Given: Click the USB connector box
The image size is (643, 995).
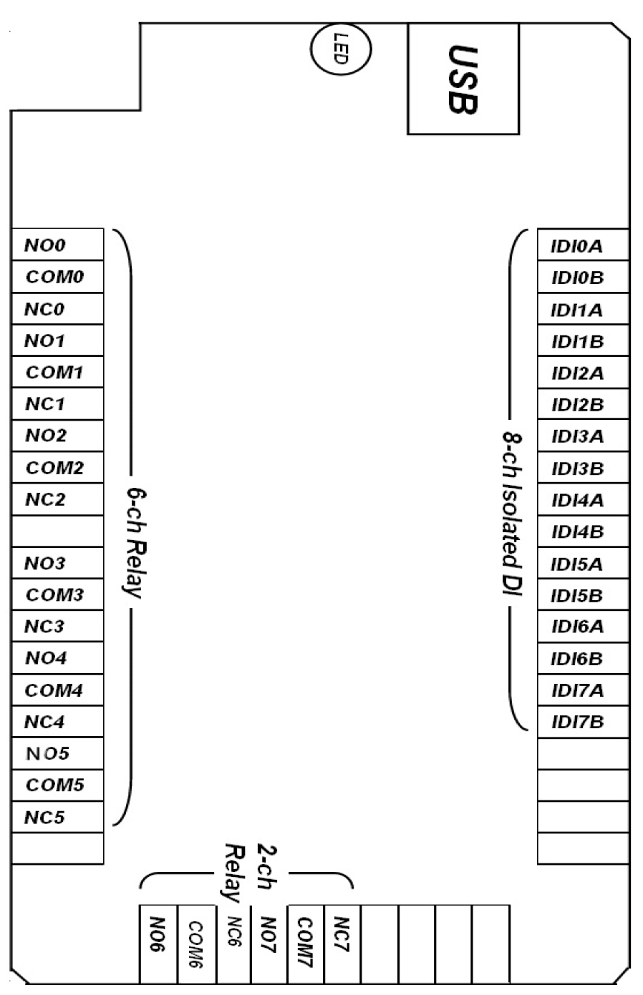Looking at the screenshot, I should point(463,79).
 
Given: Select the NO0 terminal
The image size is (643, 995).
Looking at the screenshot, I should point(57,245).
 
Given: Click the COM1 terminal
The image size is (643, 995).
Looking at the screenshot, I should point(57,372).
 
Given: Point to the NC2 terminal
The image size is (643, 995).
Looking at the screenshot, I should point(57,499).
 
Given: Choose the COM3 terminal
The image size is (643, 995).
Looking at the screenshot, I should point(57,594).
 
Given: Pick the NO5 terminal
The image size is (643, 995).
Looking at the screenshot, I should point(57,753).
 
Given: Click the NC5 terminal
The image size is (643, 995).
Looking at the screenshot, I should point(57,817).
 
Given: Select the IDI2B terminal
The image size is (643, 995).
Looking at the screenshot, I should point(583,405).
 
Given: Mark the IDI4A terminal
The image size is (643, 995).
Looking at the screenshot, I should point(583,500).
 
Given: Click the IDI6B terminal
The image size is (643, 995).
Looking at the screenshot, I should point(583,658).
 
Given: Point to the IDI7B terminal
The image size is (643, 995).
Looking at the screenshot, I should point(583,722).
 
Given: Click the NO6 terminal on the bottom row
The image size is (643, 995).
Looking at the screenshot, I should point(158,943).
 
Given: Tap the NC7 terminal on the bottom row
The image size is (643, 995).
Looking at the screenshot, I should point(342,943).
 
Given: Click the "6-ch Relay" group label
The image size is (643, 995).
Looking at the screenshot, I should point(134,543).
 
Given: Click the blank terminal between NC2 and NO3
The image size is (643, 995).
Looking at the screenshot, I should point(57,531).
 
